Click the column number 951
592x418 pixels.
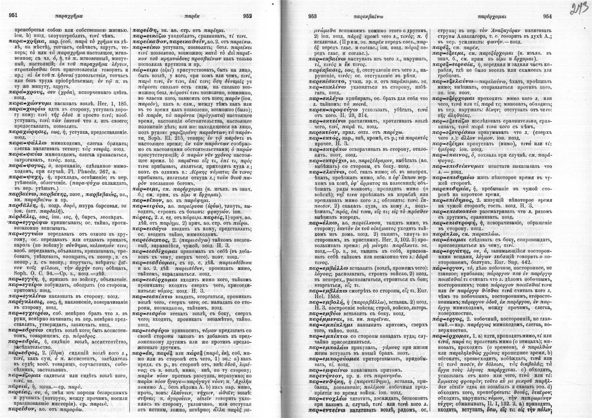click(12, 16)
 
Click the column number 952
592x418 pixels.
click(247, 16)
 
